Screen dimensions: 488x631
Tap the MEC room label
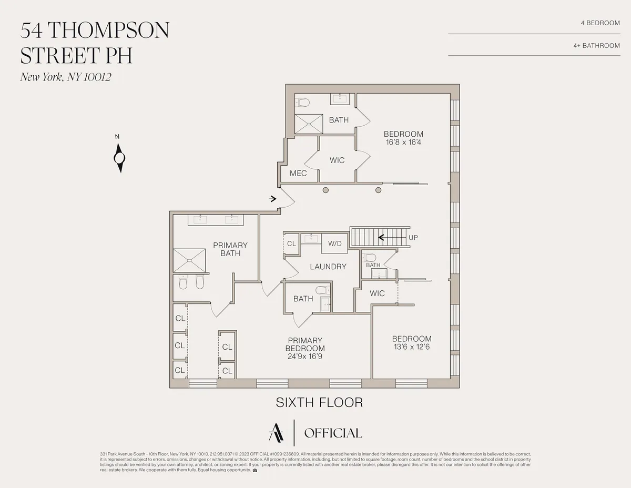point(298,173)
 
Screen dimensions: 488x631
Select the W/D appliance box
point(335,243)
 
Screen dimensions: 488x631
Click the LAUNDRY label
point(328,267)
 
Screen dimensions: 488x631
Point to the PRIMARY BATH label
point(230,249)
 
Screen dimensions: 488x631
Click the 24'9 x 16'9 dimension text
point(305,356)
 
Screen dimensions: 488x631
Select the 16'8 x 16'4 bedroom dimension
point(403,142)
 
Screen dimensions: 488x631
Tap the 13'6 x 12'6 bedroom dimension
point(412,347)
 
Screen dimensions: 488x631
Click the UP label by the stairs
point(414,238)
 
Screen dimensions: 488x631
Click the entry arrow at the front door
point(273,199)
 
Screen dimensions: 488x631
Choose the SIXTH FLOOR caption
point(319,403)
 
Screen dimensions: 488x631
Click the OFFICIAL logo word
point(333,433)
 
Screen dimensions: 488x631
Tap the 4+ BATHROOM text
point(596,46)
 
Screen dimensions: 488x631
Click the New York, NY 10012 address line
point(66,77)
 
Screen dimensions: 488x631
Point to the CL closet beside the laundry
point(291,244)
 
